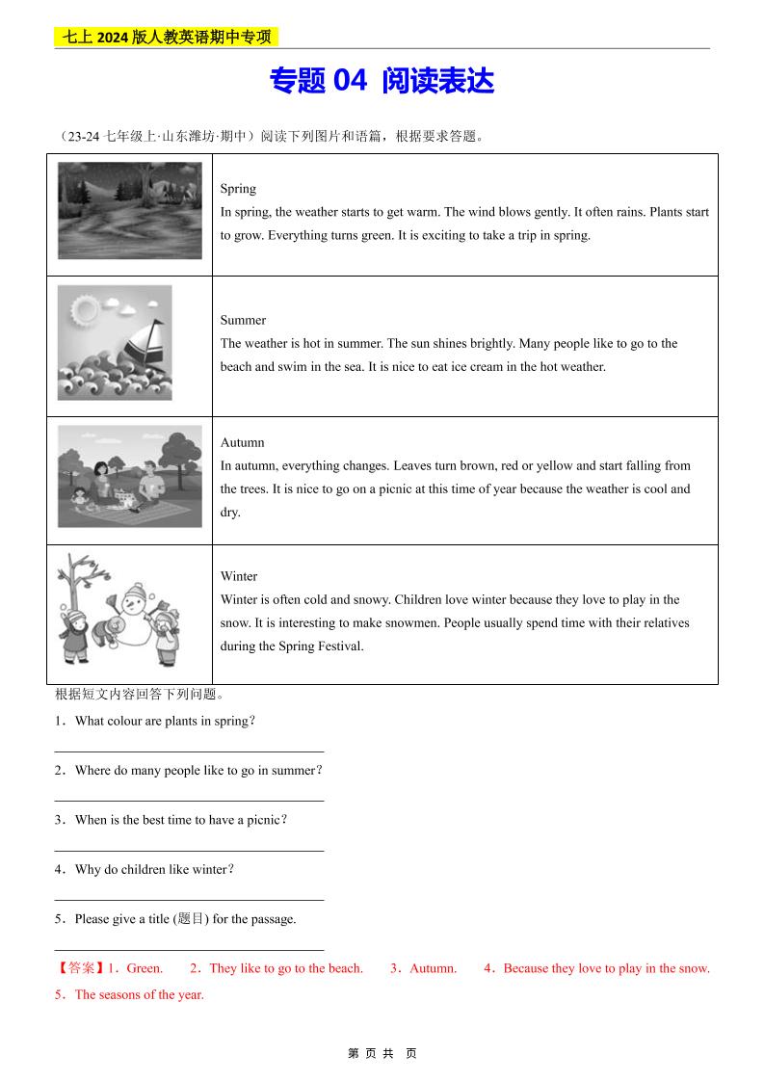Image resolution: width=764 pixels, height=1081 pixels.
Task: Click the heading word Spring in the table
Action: (238, 189)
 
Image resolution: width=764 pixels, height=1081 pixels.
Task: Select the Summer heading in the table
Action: (243, 320)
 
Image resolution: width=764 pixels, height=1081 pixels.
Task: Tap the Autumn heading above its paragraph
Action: (242, 442)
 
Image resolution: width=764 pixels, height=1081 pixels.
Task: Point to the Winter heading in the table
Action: (239, 576)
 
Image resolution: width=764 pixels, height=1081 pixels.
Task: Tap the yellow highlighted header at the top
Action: (167, 38)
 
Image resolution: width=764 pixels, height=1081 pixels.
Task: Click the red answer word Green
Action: (145, 968)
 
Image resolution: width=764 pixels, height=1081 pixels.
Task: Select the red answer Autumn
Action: (433, 968)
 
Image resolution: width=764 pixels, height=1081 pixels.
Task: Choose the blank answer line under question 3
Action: (189, 850)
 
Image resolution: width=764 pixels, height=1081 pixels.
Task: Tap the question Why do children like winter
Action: (154, 869)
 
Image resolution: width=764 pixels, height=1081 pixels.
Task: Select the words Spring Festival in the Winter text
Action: (323, 646)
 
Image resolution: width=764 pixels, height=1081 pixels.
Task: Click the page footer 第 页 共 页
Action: (382, 1053)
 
